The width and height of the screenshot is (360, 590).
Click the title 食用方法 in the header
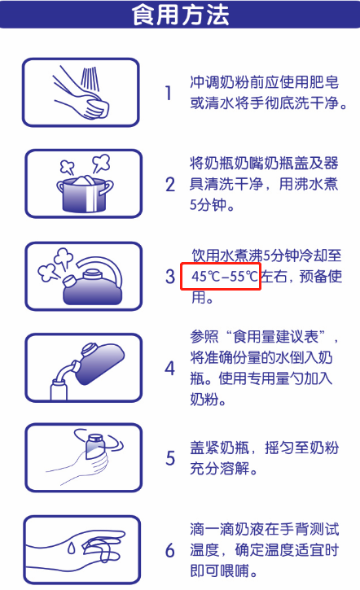point(180,14)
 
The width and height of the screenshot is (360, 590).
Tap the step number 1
point(169,93)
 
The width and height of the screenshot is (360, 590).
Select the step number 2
point(169,184)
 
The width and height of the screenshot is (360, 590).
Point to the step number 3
point(169,277)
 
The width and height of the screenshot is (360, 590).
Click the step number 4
point(169,368)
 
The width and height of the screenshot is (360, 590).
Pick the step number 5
point(169,458)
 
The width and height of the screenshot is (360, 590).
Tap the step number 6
point(169,551)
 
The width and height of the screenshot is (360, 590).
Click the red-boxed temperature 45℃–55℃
point(220,276)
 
